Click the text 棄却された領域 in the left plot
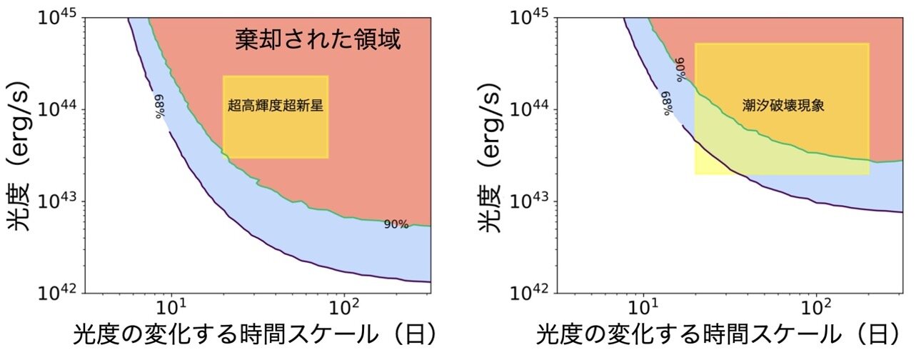[318, 39]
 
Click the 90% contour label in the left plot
[396, 224]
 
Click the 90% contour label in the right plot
[680, 70]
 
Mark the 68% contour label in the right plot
[668, 104]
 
